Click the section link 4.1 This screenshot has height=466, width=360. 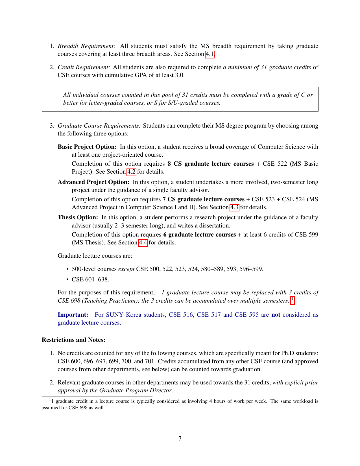210,54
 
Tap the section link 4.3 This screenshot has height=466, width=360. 234,207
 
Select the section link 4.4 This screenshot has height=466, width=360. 143,242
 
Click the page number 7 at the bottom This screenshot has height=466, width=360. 180,438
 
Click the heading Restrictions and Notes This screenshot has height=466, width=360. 73,340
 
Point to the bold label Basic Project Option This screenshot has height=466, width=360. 87,147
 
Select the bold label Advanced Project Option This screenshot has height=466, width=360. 93,182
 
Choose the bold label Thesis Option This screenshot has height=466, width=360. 78,217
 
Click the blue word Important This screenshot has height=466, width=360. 73,315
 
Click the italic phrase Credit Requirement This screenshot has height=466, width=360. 84,67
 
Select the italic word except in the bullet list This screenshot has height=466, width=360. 126,269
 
